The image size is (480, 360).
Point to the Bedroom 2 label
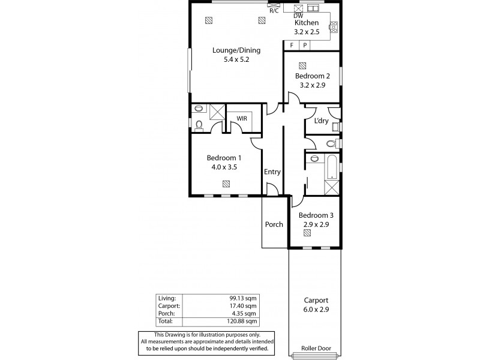click(312, 76)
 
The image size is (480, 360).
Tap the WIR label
click(242, 119)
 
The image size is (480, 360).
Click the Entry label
click(272, 172)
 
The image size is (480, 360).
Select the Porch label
click(274, 224)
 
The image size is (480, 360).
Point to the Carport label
click(316, 300)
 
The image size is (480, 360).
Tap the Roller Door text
click(316, 347)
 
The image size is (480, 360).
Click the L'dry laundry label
click(321, 121)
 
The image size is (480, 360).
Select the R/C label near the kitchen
click(274, 10)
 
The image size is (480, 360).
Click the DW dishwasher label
click(298, 16)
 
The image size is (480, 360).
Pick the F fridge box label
click(292, 45)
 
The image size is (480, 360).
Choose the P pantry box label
click(305, 45)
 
